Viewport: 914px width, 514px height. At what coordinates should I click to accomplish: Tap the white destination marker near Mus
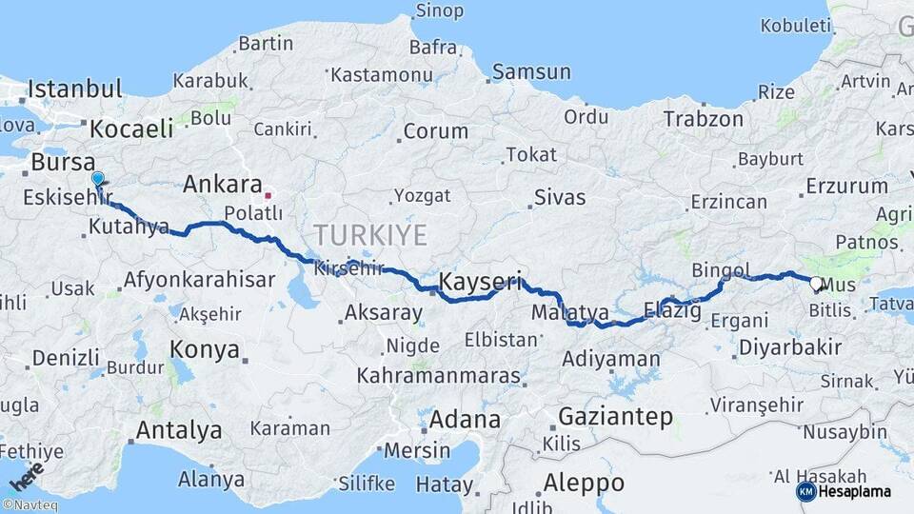(816, 283)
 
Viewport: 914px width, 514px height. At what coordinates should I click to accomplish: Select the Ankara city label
(222, 184)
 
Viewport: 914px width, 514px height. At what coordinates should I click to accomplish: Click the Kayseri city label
(482, 281)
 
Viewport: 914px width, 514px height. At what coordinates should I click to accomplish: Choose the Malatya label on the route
(570, 312)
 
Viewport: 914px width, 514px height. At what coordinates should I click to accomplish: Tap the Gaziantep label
(615, 416)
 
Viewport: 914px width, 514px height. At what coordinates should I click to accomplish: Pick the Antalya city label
(179, 430)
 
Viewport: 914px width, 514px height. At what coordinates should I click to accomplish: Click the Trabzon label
(703, 119)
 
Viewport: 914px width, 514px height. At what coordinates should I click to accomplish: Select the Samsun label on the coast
(531, 72)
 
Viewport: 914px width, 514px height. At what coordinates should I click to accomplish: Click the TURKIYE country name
(370, 234)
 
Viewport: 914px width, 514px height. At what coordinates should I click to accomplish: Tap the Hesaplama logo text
(855, 491)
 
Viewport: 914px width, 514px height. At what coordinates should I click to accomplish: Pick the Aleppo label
(584, 482)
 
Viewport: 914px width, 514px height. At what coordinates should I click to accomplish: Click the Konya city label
(204, 350)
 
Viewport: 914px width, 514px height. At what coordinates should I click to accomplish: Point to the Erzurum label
(846, 187)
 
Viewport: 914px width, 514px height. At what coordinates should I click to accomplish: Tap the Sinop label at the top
(440, 11)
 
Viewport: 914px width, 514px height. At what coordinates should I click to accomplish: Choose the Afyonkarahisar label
(199, 281)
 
